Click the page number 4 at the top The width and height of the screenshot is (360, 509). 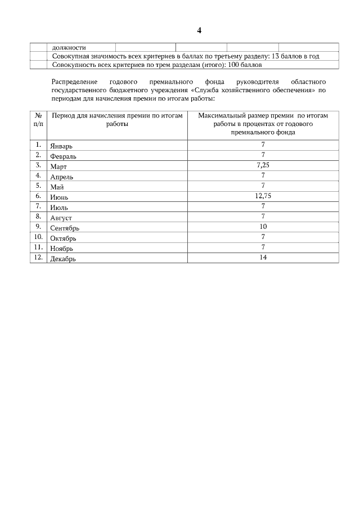pos(199,30)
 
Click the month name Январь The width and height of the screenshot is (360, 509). pos(61,146)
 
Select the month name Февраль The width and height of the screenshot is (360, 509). pos(63,156)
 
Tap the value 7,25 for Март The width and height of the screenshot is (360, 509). pos(263,165)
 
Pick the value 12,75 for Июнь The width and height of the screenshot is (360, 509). pos(263,196)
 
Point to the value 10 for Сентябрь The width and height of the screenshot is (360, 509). pos(263,226)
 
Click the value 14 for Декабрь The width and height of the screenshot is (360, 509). pos(263,257)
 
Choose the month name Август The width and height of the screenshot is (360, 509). pos(61,218)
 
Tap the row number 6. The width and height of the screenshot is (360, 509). pos(38,196)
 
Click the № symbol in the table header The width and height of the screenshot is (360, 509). pos(38,115)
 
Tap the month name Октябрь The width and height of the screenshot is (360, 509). pos(63,238)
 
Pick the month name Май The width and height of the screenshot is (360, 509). pos(57,187)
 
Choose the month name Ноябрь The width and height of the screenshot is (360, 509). pos(62,248)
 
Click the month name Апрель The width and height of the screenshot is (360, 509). pos(61,177)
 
